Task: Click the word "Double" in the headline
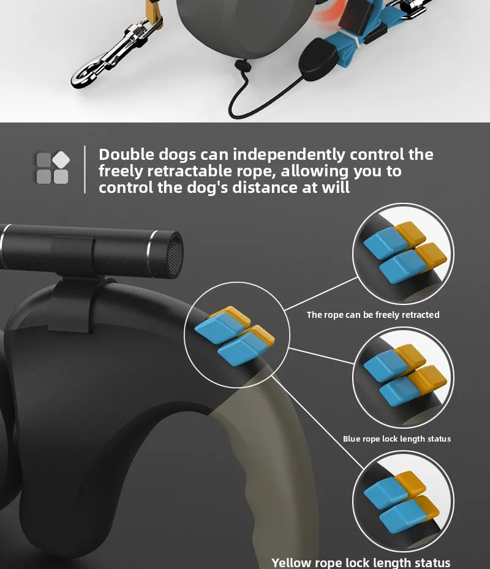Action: click(126, 154)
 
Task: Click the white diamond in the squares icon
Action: click(61, 160)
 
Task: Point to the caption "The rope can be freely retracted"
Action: click(373, 315)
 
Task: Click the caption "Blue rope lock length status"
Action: click(397, 439)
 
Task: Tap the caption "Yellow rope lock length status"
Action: click(361, 562)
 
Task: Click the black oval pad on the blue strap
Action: click(317, 60)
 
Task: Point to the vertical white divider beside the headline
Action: click(85, 169)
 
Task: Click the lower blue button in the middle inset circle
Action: click(399, 391)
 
